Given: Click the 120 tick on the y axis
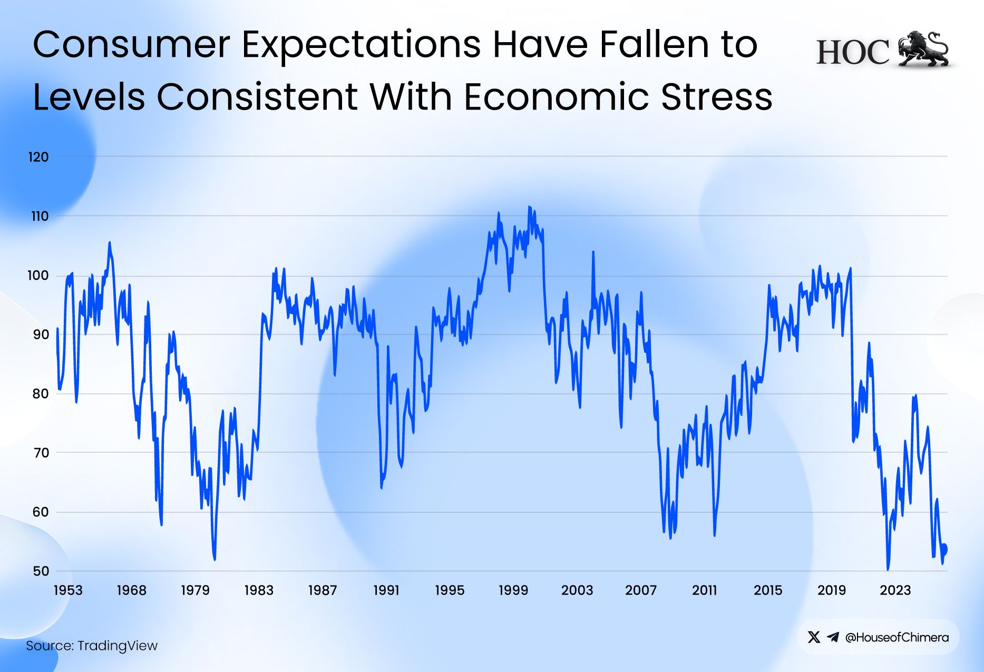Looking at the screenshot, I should (38, 157).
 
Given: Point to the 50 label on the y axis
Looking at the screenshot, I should (41, 571).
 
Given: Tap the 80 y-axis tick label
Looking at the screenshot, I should (40, 394).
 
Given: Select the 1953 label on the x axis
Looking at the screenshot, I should (68, 590).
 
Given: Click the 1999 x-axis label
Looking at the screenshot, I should (513, 590).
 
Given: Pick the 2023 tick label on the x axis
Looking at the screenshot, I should (895, 590).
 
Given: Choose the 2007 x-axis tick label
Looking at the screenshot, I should (641, 590).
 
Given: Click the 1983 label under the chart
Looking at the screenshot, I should (259, 590).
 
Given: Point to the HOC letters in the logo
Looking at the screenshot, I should (852, 53).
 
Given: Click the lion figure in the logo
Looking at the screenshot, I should (923, 49).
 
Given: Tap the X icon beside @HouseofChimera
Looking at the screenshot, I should (814, 637).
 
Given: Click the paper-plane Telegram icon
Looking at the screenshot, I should (833, 637).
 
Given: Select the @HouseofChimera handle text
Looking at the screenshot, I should (897, 637).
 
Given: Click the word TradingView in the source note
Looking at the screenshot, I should (118, 646).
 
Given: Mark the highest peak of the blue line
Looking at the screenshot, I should (529, 207).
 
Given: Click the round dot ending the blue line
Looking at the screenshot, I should (943, 549).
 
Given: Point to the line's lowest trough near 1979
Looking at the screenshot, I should (215, 559).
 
